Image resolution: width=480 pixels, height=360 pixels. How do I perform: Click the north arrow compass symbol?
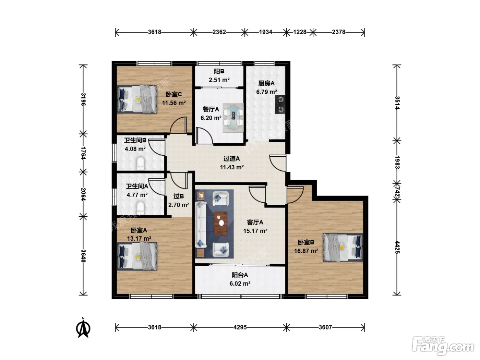coord(83,327)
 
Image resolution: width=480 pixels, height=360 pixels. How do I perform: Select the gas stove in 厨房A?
coord(280,104)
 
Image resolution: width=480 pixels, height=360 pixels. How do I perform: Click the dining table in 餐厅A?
coord(233,118)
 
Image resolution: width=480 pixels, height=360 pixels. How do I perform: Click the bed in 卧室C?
coord(137,99)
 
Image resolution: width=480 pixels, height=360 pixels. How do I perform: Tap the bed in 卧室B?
coord(343,247)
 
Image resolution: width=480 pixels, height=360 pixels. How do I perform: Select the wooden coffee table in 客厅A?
coord(221,224)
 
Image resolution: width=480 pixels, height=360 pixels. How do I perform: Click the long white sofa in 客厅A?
coord(201,225)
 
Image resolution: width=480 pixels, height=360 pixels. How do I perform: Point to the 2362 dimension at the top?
coord(219,32)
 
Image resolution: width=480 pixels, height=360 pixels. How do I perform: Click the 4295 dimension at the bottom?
coord(240,327)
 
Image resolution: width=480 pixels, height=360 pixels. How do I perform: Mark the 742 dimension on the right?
coord(397,192)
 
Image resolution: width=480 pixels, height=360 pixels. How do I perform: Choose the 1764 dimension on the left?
coord(83,153)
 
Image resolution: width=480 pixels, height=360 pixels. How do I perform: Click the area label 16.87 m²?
coord(306,251)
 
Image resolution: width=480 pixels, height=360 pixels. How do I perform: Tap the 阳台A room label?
coord(240,275)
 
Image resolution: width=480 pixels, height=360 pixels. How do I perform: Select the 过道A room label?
coord(231,158)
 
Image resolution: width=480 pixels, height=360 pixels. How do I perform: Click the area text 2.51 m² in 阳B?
coord(219,80)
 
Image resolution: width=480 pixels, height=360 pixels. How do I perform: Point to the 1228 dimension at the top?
coord(300,32)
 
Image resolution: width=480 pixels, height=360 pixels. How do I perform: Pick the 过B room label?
coord(179,196)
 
